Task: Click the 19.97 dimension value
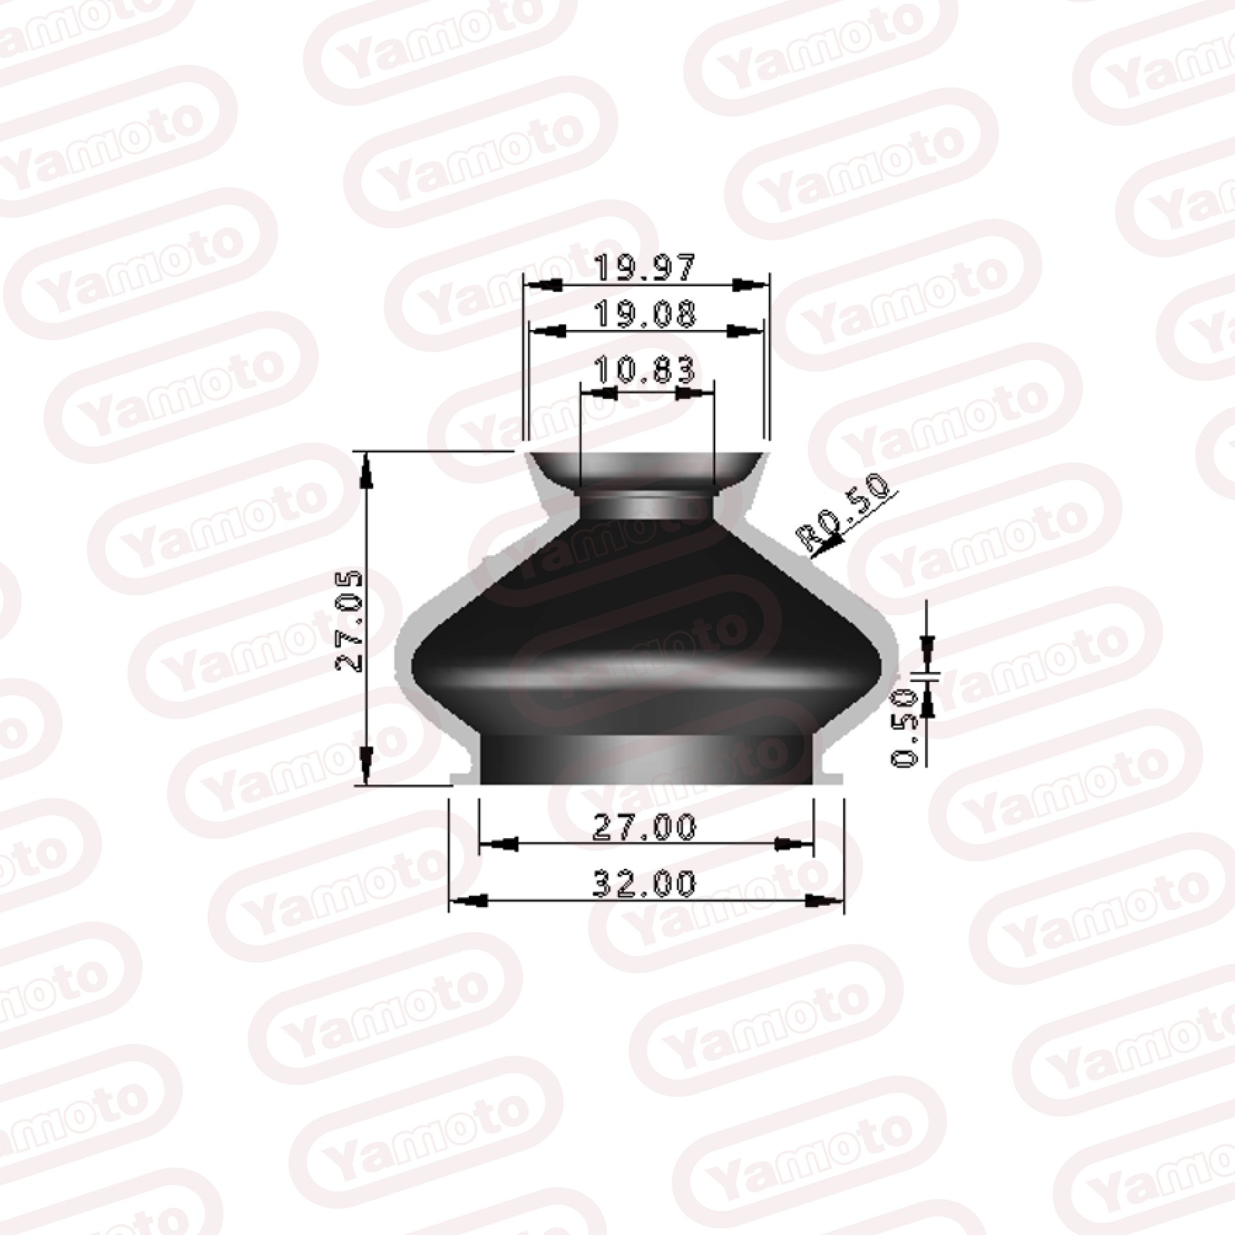645,268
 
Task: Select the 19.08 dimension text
645,315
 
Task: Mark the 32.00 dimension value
645,883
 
